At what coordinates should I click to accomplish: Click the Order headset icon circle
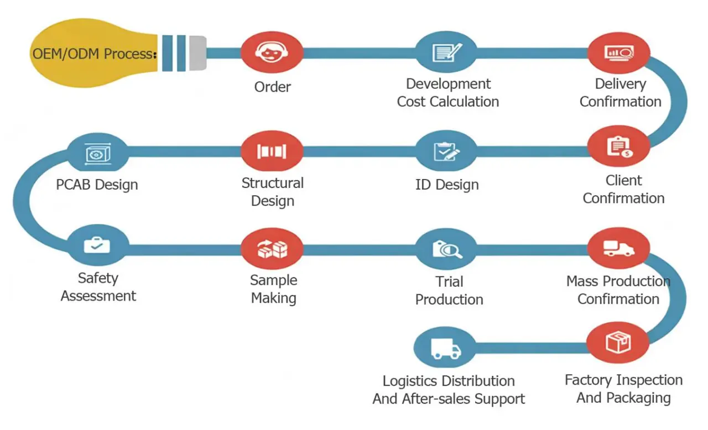(272, 52)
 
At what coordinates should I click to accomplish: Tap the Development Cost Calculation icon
(446, 52)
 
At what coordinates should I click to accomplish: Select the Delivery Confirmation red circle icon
(619, 52)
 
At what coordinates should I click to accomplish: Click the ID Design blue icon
(446, 151)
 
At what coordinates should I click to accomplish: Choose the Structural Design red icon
(272, 151)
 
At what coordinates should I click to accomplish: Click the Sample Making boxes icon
(272, 249)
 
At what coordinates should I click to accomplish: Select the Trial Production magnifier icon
(446, 249)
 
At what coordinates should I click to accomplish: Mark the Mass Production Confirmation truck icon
(618, 248)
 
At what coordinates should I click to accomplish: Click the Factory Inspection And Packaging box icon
(618, 344)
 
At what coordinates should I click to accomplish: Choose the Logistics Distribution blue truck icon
(445, 348)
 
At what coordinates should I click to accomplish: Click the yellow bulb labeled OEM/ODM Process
(83, 54)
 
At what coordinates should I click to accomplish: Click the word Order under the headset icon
(272, 87)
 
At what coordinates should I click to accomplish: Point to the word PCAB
(75, 184)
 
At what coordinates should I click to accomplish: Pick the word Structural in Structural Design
(272, 183)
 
